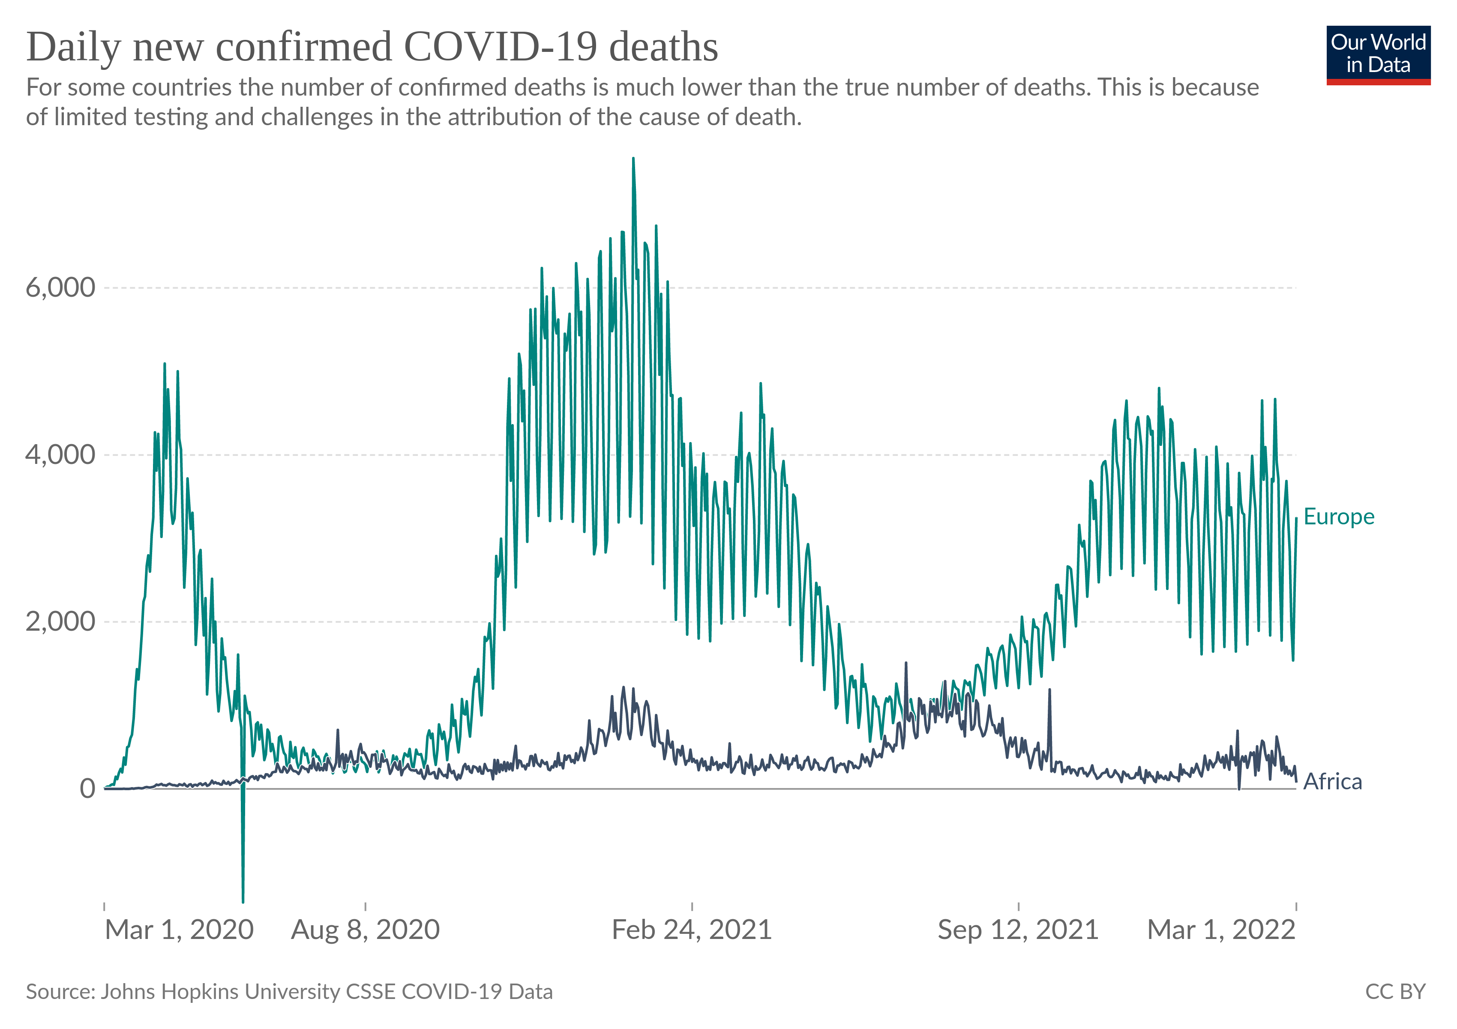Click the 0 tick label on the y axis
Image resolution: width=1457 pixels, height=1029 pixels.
point(87,788)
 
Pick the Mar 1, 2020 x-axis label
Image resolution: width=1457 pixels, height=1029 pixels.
point(179,930)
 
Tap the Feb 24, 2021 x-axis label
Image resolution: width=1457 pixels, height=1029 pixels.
point(691,930)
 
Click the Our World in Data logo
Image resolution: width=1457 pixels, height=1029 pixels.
point(1378,54)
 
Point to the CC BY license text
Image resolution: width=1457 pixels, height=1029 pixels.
point(1395,992)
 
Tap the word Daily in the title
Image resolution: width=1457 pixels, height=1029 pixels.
point(73,47)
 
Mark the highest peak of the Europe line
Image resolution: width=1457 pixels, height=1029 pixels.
point(633,159)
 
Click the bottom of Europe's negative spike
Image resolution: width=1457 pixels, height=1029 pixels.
point(243,901)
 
